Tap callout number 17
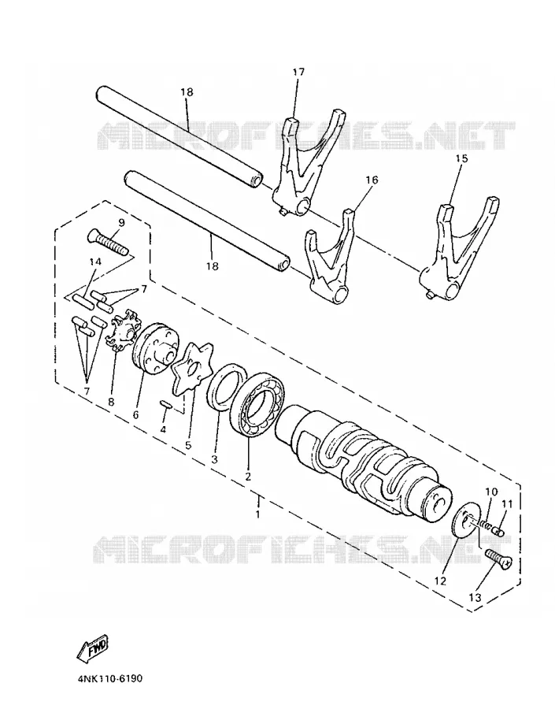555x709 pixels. coord(298,72)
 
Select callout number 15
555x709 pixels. coord(461,158)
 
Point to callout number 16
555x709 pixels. coord(372,180)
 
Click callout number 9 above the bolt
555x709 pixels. coord(121,222)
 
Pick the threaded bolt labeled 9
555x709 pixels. coord(106,242)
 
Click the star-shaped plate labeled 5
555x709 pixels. coord(191,375)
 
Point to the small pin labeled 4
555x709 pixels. coord(165,404)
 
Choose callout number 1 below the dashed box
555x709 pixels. coord(257,514)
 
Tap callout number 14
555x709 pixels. coord(95,262)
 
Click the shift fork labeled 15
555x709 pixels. coord(459,250)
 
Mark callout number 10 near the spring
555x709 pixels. coord(491,492)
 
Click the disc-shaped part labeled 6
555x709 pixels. coord(156,348)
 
